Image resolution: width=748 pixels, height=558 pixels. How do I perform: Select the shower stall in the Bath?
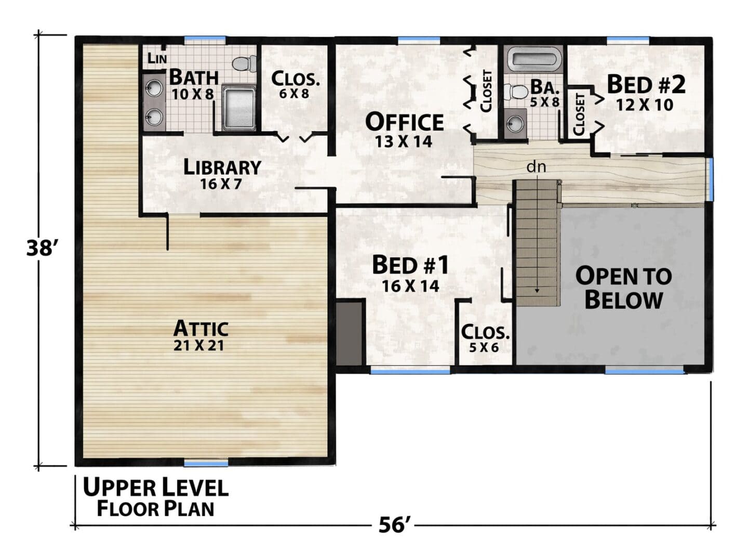point(239,108)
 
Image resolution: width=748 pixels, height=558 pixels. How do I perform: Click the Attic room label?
point(201,328)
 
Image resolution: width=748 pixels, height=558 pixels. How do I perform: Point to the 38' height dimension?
point(39,249)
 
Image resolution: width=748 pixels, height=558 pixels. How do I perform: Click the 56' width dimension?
point(393,525)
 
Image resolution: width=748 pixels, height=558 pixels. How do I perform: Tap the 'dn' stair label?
point(536,166)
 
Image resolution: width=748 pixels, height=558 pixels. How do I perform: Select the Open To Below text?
point(623,288)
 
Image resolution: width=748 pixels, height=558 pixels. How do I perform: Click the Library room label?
point(222,167)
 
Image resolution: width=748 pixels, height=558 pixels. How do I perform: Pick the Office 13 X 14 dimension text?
point(404,141)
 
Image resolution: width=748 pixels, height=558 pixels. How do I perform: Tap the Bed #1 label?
point(410,265)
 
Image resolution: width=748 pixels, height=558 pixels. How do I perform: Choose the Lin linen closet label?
point(157,58)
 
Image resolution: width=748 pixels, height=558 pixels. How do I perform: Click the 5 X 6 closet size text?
point(484,347)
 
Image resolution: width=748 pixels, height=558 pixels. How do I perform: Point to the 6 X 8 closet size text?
point(293,94)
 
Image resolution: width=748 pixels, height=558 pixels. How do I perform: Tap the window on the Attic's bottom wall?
point(206,463)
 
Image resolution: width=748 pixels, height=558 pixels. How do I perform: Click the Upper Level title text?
point(155,487)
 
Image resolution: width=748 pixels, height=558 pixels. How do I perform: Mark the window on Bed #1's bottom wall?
point(410,371)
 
